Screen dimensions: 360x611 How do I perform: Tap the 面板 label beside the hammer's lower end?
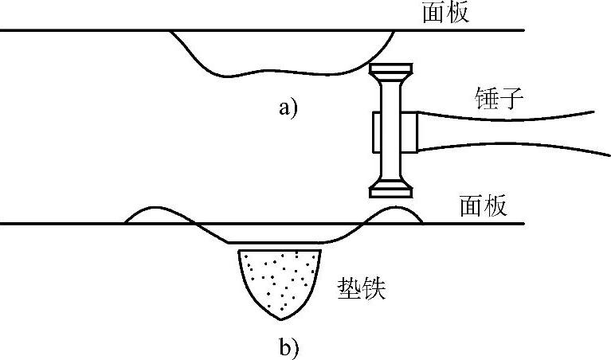(x=483, y=207)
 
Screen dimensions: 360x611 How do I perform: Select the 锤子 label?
(x=495, y=100)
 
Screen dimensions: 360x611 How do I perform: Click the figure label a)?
(x=288, y=108)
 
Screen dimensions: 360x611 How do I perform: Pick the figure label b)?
(x=288, y=346)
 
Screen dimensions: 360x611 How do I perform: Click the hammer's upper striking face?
(x=392, y=68)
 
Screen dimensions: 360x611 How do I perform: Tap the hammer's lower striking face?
(x=392, y=190)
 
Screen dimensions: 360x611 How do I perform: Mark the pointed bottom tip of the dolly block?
(x=280, y=318)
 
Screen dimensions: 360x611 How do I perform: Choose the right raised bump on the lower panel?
(x=395, y=213)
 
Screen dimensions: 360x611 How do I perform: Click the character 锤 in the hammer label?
(x=483, y=100)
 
